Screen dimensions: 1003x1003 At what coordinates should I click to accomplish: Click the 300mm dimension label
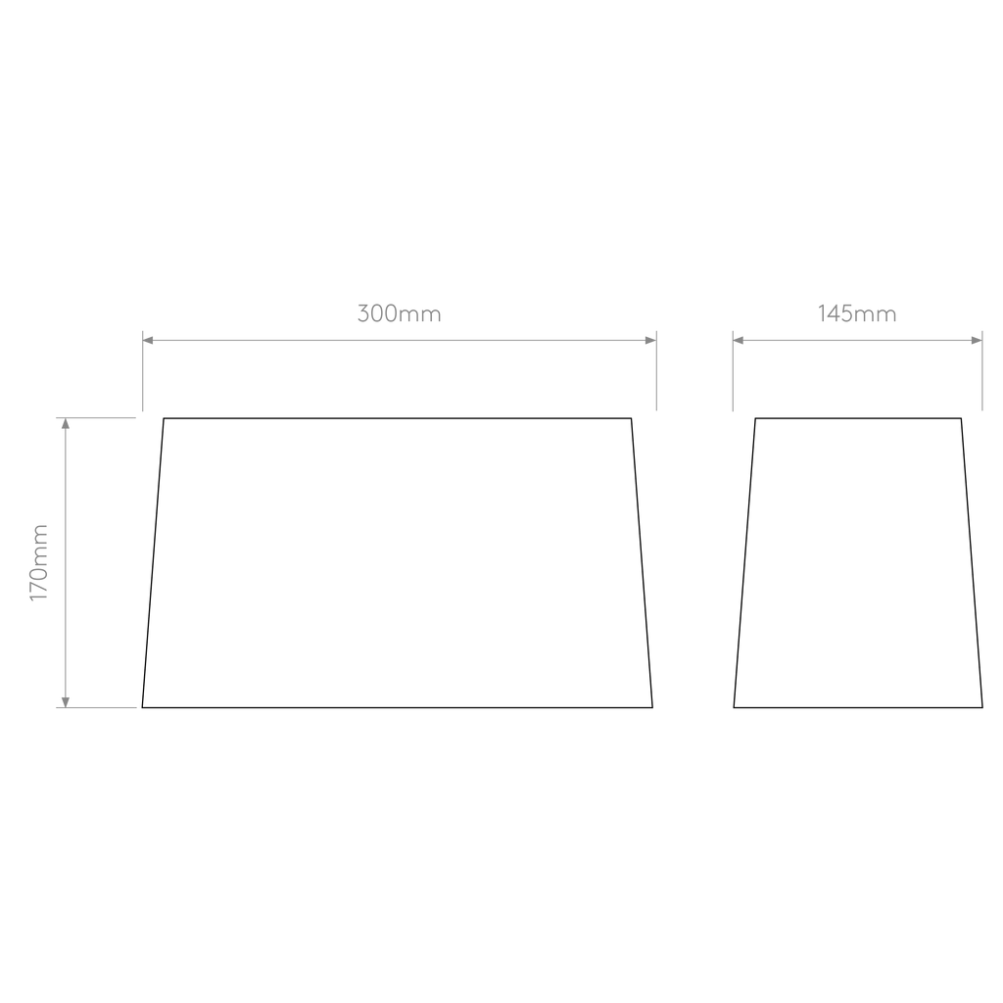pyautogui.click(x=400, y=313)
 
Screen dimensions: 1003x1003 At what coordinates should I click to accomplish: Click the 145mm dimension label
pyautogui.click(x=856, y=313)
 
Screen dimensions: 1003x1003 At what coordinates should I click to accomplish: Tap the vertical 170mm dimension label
pyautogui.click(x=39, y=562)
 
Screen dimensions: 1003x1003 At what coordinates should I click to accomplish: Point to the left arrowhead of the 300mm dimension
pyautogui.click(x=148, y=340)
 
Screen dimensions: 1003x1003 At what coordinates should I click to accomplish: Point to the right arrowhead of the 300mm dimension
pyautogui.click(x=651, y=340)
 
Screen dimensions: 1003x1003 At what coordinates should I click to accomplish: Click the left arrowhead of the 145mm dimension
pyautogui.click(x=739, y=340)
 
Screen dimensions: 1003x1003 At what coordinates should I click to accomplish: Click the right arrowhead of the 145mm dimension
pyautogui.click(x=977, y=340)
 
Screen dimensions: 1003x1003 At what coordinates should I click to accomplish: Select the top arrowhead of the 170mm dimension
pyautogui.click(x=66, y=423)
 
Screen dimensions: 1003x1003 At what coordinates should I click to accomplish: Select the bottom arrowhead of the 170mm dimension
pyautogui.click(x=66, y=701)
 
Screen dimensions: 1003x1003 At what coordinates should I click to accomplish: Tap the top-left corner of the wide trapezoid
pyautogui.click(x=164, y=418)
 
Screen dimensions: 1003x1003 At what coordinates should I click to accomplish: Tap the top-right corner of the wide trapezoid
pyautogui.click(x=632, y=418)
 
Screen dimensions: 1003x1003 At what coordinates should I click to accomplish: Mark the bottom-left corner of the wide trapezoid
pyautogui.click(x=142, y=707)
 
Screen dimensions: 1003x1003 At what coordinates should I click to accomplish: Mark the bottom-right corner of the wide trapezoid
pyautogui.click(x=652, y=707)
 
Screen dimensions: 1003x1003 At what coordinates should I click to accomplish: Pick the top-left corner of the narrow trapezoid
pyautogui.click(x=755, y=418)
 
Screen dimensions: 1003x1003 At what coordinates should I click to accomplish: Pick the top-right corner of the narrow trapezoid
pyautogui.click(x=961, y=418)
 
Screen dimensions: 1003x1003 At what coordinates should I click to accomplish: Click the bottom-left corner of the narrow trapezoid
pyautogui.click(x=734, y=707)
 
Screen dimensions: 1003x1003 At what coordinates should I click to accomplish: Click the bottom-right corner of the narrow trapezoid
pyautogui.click(x=982, y=707)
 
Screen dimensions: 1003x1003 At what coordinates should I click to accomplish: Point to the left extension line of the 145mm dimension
pyautogui.click(x=733, y=371)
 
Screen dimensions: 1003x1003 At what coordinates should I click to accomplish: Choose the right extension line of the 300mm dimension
pyautogui.click(x=656, y=371)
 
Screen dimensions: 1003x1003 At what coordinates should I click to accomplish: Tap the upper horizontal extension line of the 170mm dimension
pyautogui.click(x=96, y=417)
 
